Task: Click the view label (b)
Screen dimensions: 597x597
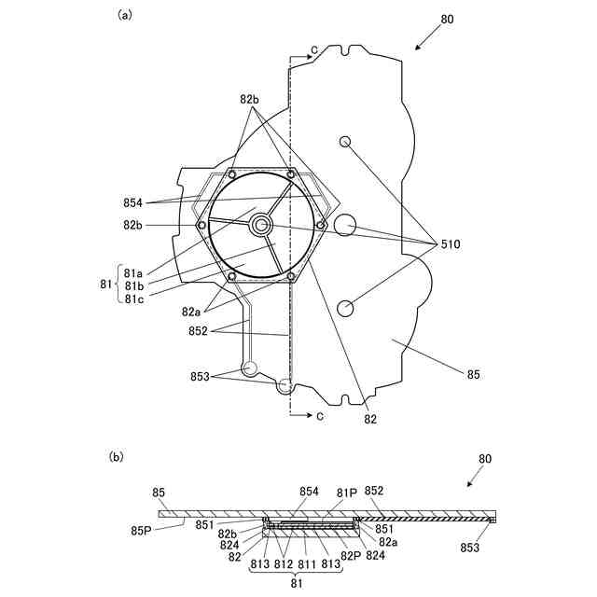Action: (117, 456)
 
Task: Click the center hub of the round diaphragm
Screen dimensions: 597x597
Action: (260, 225)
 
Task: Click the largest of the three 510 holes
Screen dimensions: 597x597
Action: (344, 224)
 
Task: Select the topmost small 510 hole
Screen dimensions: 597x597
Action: (344, 142)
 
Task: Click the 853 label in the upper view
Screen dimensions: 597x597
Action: (199, 376)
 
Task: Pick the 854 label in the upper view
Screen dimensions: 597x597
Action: (132, 201)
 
